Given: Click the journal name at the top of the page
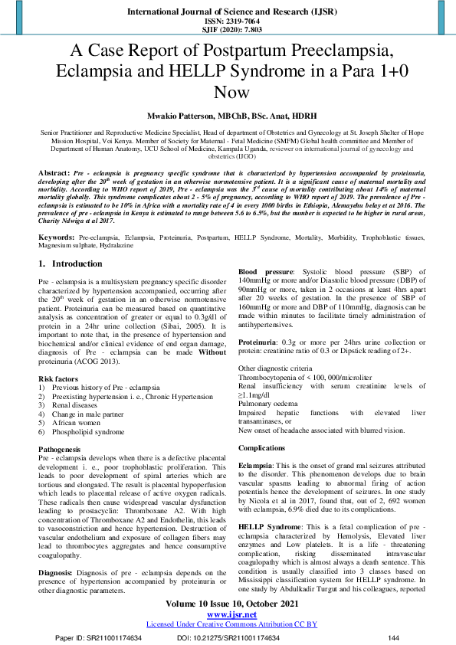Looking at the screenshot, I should point(228,13).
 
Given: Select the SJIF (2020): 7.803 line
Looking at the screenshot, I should point(228,31).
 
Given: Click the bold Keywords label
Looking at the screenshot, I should point(58,239).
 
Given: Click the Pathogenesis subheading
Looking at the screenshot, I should point(61,448).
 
